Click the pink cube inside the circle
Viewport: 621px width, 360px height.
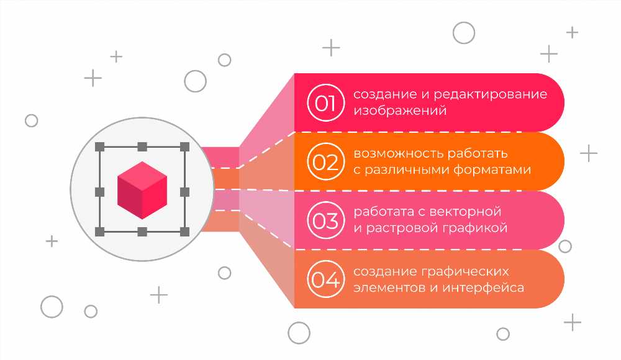click(x=142, y=190)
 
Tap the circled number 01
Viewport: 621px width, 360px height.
click(x=325, y=103)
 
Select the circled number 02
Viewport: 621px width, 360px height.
click(x=325, y=161)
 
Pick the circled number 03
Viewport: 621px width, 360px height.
click(x=325, y=220)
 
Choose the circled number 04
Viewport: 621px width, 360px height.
click(x=325, y=279)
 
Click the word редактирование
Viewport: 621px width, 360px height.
click(x=491, y=95)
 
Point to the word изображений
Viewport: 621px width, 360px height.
click(x=400, y=110)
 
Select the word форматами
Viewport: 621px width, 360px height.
click(x=492, y=170)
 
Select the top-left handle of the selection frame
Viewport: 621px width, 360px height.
click(x=100, y=147)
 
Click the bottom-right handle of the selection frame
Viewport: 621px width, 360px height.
click(x=184, y=232)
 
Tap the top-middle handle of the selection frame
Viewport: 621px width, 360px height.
click(x=142, y=147)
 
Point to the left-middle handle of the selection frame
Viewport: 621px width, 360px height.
click(x=100, y=192)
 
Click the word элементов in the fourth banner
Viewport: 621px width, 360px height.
click(x=390, y=288)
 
